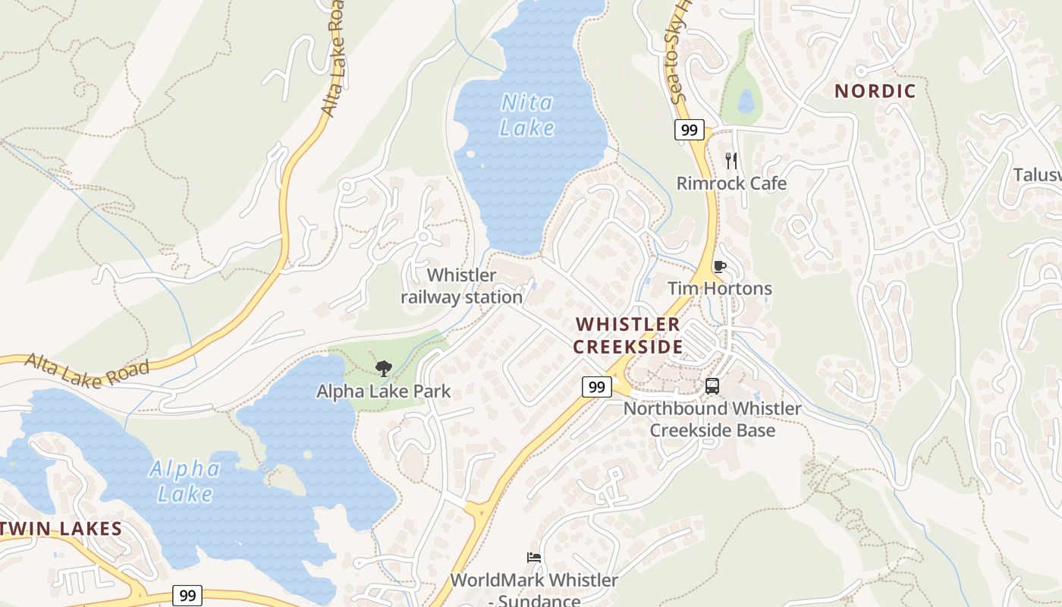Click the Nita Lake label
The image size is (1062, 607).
(527, 115)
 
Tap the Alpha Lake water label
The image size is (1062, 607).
(184, 481)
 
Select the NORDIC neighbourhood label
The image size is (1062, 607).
(875, 91)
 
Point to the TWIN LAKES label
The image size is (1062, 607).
(61, 528)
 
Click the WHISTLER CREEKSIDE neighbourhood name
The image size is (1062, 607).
(627, 335)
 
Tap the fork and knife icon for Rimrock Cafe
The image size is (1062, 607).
(731, 160)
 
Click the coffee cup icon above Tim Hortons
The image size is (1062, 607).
(719, 266)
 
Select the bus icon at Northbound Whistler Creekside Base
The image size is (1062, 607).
(712, 385)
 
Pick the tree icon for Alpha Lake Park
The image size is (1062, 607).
(384, 369)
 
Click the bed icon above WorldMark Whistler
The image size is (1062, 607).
(534, 558)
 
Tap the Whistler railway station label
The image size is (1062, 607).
(462, 286)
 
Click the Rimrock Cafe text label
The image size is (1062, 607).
(731, 183)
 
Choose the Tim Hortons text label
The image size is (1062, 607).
(719, 288)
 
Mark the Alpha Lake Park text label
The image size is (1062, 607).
(384, 392)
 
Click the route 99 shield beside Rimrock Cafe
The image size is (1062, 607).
(689, 130)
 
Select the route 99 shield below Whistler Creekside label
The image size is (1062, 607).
(597, 387)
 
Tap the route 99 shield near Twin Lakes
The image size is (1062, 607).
(187, 596)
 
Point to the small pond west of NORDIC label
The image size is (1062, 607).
(746, 101)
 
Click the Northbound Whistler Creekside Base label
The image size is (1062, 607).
(712, 420)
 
